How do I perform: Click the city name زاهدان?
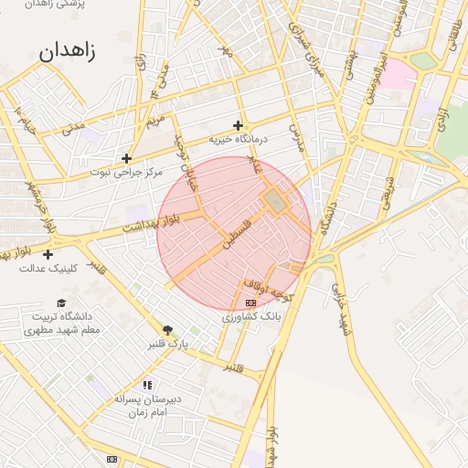(x=67, y=50)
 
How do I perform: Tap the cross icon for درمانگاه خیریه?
(x=239, y=125)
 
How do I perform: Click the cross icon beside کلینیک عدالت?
(x=48, y=254)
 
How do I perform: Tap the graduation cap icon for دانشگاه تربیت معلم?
(x=61, y=303)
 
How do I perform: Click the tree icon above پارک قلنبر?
(x=166, y=330)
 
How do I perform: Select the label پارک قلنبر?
(x=166, y=345)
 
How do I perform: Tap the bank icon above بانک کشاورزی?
(x=251, y=303)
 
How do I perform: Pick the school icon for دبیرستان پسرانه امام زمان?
(x=148, y=386)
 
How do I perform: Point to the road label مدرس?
(x=295, y=138)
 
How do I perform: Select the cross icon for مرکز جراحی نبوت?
(x=126, y=158)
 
